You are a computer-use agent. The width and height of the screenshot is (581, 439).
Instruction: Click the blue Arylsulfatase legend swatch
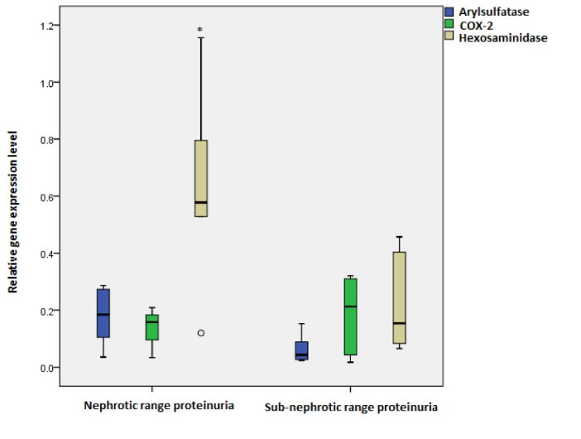point(449,12)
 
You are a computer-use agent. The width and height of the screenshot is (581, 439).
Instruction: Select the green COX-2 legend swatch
point(449,25)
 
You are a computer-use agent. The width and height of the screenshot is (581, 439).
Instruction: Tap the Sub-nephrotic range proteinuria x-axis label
point(351,408)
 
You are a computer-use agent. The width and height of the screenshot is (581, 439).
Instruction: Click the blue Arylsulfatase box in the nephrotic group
point(103,313)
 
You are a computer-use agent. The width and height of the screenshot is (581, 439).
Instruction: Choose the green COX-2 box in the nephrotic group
point(152,327)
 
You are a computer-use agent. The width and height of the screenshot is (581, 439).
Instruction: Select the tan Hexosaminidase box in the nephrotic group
point(201,178)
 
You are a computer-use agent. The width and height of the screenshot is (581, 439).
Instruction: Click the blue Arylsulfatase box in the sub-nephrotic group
point(302,350)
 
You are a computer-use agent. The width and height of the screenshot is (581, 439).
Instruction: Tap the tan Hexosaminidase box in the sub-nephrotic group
point(399,297)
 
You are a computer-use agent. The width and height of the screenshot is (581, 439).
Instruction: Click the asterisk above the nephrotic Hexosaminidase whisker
point(200,31)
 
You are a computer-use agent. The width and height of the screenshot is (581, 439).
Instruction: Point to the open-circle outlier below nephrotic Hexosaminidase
point(200,333)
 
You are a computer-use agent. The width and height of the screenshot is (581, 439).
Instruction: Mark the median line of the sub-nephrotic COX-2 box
point(350,306)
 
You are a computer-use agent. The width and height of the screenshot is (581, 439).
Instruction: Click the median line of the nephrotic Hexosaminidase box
point(201,202)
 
